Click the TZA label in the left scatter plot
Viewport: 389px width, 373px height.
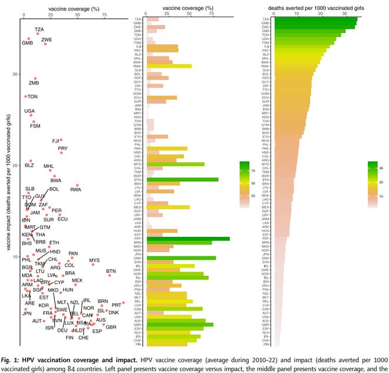39,29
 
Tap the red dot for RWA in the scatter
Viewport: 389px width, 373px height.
77,186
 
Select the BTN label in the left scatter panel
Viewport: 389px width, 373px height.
111,272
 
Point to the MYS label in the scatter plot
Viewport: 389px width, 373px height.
95,260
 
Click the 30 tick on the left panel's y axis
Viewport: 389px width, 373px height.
15,74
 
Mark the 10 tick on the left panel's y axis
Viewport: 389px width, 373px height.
15,257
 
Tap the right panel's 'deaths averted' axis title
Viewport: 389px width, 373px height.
317,9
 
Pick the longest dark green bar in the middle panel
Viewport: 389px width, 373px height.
189,238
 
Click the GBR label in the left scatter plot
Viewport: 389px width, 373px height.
111,327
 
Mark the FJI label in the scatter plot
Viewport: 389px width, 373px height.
56,141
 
